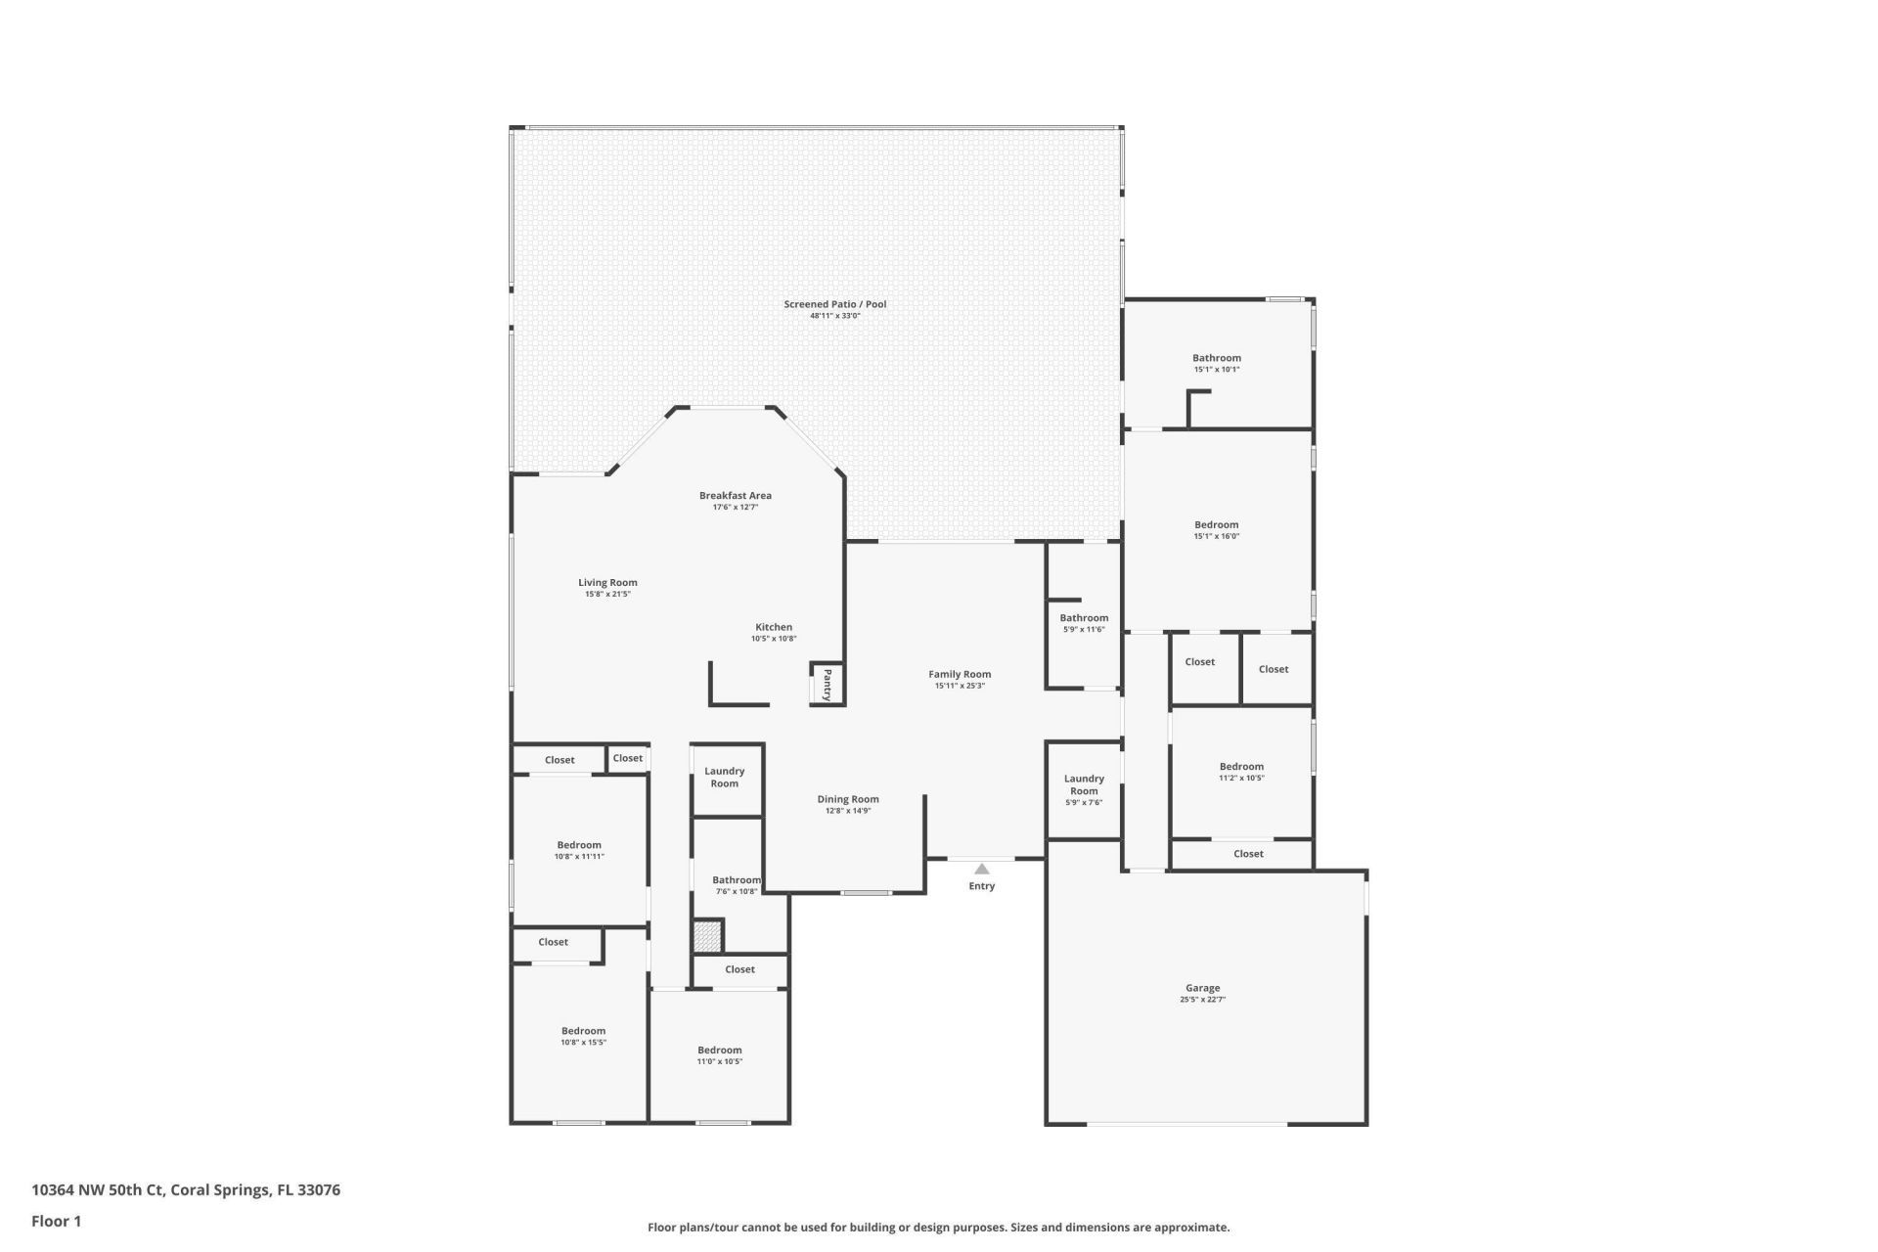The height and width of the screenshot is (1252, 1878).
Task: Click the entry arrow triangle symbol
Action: tap(981, 869)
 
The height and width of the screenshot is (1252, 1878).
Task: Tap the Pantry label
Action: tap(827, 684)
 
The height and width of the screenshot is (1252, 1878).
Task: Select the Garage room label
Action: tap(1202, 988)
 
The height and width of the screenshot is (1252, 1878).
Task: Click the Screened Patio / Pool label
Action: tap(834, 304)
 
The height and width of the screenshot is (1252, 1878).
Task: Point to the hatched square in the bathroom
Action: tap(707, 936)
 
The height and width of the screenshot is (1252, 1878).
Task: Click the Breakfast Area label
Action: tap(735, 495)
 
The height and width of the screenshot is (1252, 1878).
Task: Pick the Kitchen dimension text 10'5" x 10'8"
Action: tap(774, 639)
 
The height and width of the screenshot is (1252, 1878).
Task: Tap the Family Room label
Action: tap(960, 674)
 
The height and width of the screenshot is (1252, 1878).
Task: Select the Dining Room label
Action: tap(848, 799)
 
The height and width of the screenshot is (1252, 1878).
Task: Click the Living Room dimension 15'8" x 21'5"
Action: tap(607, 594)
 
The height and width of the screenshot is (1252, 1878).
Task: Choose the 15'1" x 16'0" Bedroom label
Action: tap(1216, 525)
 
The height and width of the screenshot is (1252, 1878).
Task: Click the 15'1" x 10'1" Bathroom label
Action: tap(1216, 358)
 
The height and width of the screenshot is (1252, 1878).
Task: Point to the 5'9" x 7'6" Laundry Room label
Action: tap(1084, 785)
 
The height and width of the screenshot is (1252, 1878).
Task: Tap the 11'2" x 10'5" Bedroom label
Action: tap(1241, 767)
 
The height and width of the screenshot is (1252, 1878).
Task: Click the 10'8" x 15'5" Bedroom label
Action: tap(583, 1031)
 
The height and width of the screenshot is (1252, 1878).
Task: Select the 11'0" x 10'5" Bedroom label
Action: tap(719, 1051)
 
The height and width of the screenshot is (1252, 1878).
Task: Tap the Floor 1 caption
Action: tap(56, 1221)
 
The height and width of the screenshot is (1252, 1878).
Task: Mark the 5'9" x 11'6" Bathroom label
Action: tap(1084, 618)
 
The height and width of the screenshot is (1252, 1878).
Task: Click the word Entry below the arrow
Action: tap(981, 886)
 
